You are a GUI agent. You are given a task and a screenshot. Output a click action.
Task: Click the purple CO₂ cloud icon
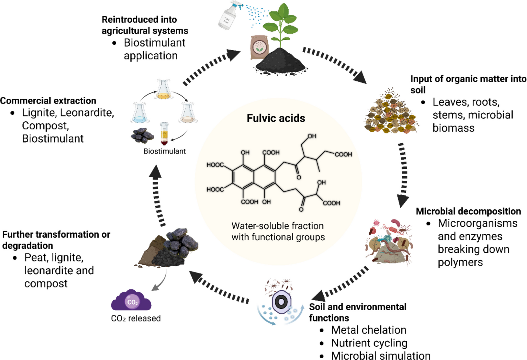(x=131, y=301)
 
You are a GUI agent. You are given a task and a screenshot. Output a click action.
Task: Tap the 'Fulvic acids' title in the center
(x=276, y=118)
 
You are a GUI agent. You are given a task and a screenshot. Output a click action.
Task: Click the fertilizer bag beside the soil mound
(x=259, y=47)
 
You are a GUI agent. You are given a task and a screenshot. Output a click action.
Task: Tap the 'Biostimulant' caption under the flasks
(x=164, y=151)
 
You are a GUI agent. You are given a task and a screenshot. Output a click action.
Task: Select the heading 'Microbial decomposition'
(x=468, y=211)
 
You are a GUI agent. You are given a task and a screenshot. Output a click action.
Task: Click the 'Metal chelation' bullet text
(x=369, y=330)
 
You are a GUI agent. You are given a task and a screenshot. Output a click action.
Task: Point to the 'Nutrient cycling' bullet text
(x=369, y=343)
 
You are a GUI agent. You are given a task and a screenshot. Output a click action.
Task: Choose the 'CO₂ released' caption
(x=136, y=318)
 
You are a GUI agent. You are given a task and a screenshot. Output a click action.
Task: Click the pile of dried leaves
(x=390, y=113)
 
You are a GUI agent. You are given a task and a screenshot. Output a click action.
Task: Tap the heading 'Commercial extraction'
(x=48, y=101)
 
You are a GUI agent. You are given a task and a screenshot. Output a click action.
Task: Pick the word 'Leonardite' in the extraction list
(x=87, y=113)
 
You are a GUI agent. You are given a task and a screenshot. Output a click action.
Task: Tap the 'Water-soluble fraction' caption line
(x=277, y=226)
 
